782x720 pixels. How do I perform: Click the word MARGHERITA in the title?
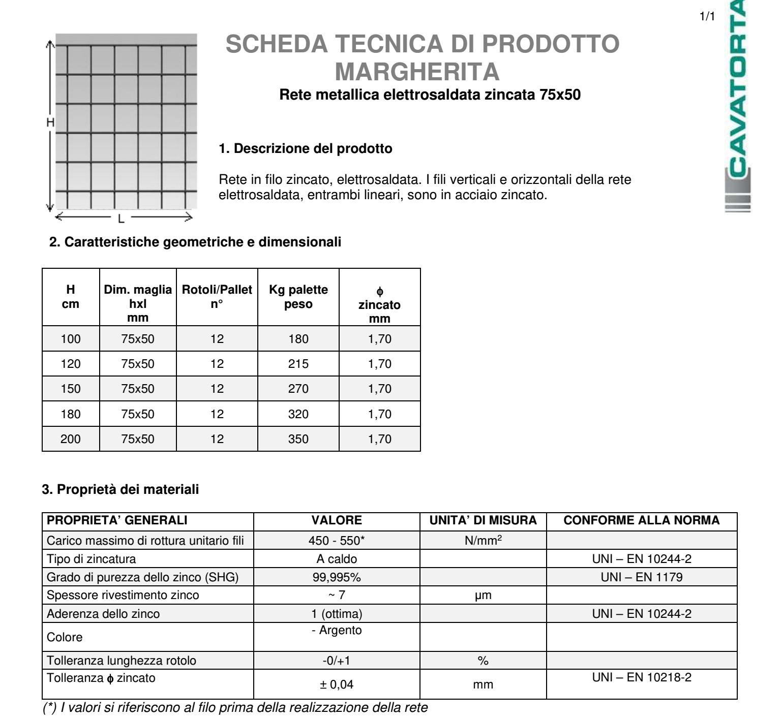(417, 72)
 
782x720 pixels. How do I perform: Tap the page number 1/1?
(707, 16)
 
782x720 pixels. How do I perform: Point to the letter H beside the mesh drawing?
(50, 122)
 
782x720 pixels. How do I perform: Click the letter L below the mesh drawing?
(121, 219)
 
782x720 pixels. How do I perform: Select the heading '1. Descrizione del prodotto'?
(306, 148)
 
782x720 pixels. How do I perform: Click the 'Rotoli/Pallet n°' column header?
(217, 297)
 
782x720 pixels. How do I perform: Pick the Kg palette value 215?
(298, 364)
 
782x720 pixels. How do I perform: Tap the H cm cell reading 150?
(71, 389)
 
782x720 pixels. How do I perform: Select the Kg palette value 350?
(298, 439)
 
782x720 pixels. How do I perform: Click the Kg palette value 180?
(298, 339)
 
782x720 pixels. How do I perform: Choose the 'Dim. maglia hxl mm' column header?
(138, 303)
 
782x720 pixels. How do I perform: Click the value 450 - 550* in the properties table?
(337, 541)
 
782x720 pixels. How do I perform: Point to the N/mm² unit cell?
(483, 541)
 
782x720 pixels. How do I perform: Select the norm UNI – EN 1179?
(642, 577)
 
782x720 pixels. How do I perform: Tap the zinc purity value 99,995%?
(337, 577)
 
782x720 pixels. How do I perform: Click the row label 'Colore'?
(65, 637)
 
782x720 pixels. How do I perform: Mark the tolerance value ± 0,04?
(337, 684)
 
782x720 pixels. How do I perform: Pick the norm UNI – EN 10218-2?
(642, 677)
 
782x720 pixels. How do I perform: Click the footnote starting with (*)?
(235, 708)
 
